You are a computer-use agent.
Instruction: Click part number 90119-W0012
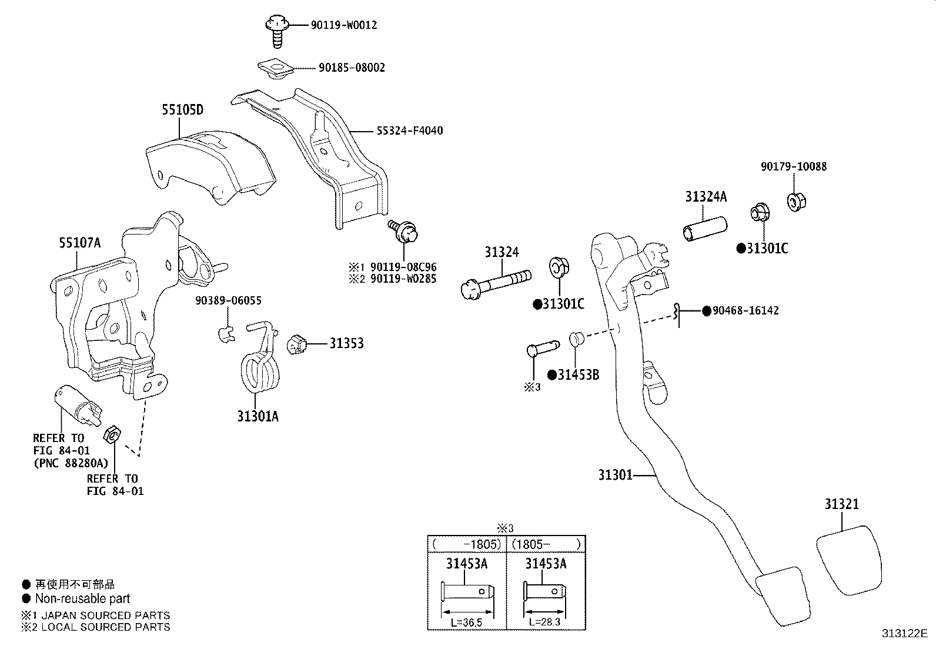(344, 25)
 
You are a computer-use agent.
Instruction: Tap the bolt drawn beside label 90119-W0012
(277, 31)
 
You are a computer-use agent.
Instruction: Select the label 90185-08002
(352, 68)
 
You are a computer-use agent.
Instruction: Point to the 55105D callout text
(183, 110)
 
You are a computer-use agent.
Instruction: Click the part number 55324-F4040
(409, 131)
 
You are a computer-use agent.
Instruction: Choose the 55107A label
(80, 243)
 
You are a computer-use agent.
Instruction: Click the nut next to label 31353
(297, 344)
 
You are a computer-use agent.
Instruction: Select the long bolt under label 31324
(496, 284)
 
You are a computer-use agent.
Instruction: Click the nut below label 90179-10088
(797, 202)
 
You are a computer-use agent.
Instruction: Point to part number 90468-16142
(746, 311)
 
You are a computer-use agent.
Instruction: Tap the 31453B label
(579, 375)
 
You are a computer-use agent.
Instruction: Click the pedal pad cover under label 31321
(849, 560)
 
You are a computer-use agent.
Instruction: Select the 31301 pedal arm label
(615, 475)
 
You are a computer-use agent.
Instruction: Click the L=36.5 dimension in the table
(466, 622)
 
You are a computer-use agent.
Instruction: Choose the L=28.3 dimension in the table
(544, 622)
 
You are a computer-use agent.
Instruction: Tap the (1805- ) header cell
(546, 544)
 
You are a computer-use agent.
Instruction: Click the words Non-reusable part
(83, 599)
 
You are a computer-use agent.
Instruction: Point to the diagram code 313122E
(905, 634)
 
